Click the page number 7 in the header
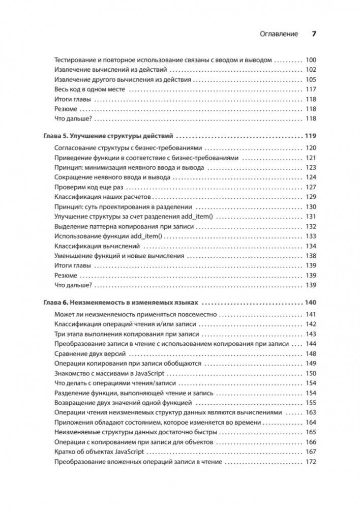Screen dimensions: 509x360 [314, 34]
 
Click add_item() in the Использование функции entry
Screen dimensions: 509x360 [131, 236]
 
